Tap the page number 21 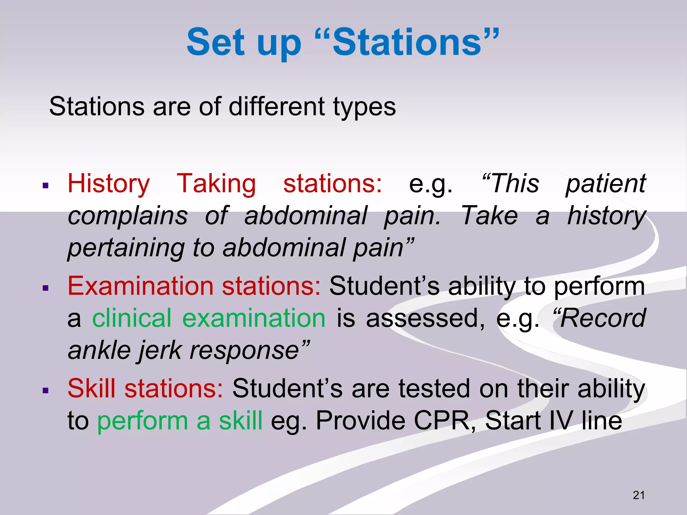coord(639,495)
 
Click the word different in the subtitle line coord(277,107)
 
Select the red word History coord(109,184)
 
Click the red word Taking coord(216,184)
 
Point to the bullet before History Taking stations coord(46,185)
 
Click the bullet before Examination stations coord(46,288)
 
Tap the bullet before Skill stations coord(46,390)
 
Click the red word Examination coord(141,286)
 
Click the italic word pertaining coord(126,248)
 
